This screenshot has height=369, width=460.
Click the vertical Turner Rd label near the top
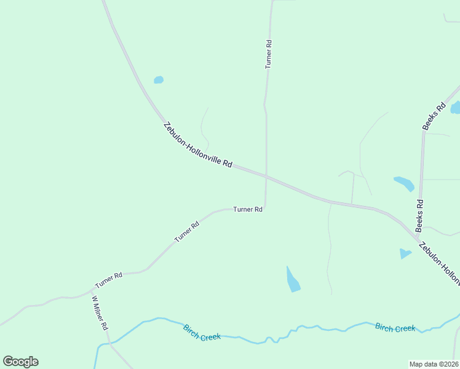269,54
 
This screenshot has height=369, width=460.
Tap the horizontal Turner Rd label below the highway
248,209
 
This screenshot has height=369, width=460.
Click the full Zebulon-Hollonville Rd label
198,145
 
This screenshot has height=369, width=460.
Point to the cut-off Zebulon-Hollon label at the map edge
439,264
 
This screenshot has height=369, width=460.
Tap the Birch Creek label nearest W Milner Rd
202,333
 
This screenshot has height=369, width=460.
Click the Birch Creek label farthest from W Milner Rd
395,328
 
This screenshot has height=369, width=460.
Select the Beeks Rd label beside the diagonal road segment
434,116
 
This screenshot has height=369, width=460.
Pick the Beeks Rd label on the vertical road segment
419,215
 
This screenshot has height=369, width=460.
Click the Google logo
20,362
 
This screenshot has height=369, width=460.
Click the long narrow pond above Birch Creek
293,279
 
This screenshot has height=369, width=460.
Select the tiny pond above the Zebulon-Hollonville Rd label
159,80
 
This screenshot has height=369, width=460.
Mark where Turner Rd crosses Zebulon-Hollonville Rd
266,177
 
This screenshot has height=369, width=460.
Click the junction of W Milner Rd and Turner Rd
92,290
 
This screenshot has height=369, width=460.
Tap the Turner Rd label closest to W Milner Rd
109,280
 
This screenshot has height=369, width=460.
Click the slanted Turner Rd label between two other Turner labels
187,231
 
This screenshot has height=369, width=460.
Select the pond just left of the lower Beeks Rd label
404,183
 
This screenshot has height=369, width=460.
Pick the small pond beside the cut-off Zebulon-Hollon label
405,253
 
